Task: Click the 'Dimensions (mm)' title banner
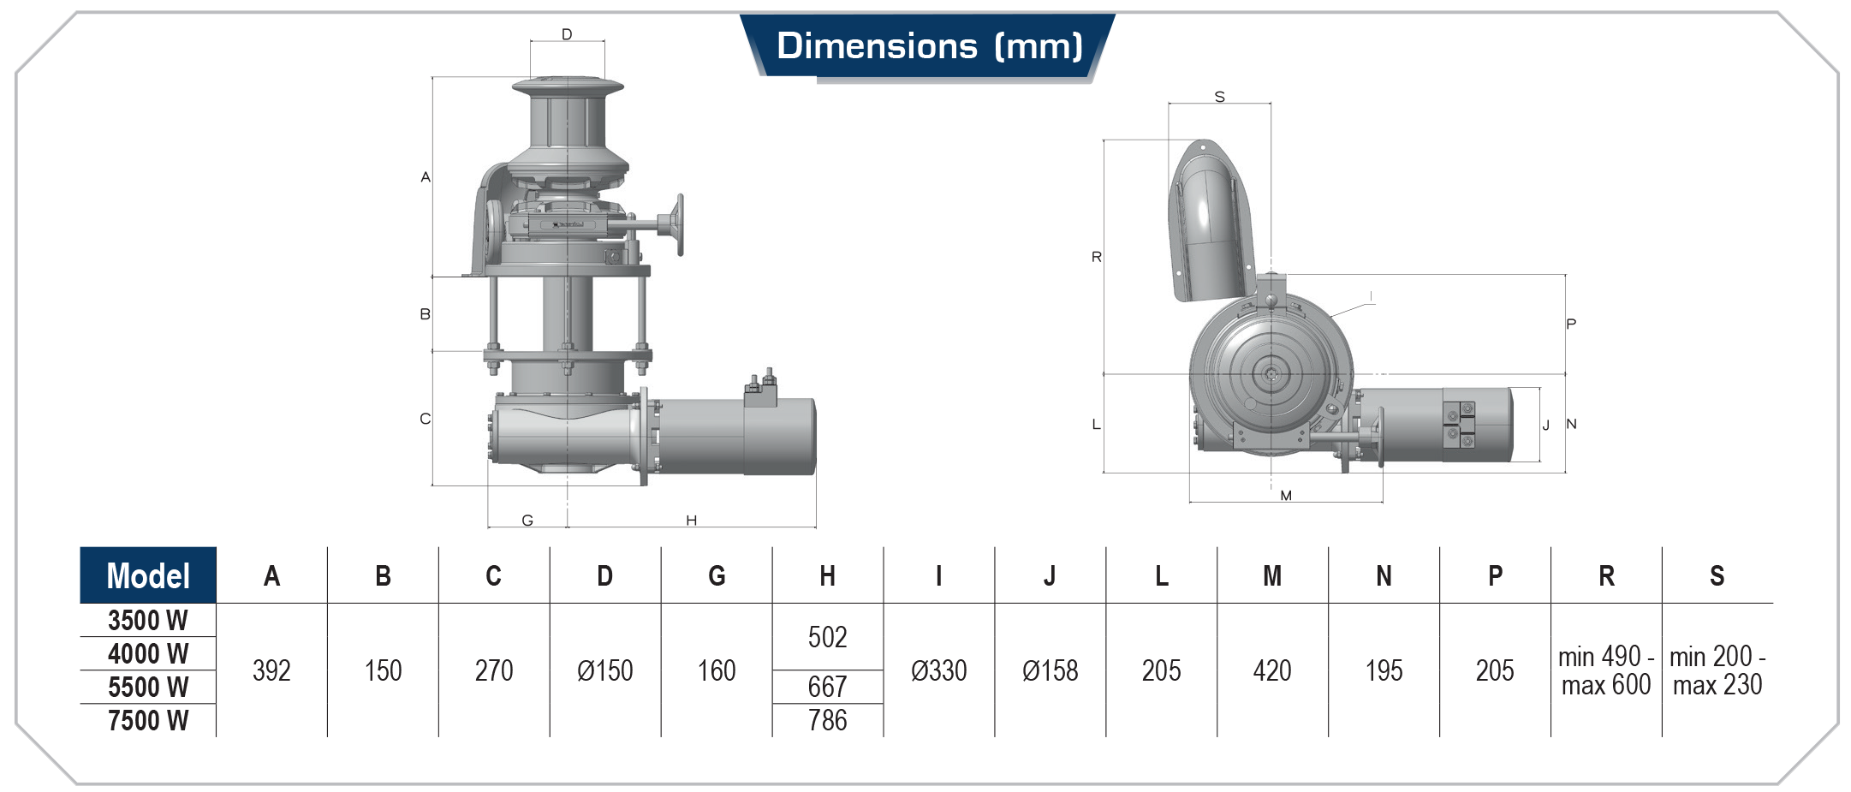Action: click(x=928, y=46)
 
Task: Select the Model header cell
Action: click(x=148, y=575)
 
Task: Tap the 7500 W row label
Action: click(x=148, y=720)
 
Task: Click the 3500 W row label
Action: click(x=148, y=620)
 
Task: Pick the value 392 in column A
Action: click(x=271, y=670)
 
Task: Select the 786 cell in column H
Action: click(x=827, y=720)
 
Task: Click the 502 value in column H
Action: click(x=827, y=637)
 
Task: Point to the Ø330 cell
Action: click(x=938, y=670)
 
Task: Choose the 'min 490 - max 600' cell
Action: click(x=1605, y=670)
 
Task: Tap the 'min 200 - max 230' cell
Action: click(x=1717, y=670)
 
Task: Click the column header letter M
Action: click(x=1272, y=575)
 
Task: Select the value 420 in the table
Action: click(x=1272, y=670)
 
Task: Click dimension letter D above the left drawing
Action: click(x=567, y=34)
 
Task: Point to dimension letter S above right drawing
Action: click(x=1219, y=97)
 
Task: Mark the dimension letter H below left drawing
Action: click(x=691, y=520)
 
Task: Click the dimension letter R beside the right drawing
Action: click(x=1096, y=257)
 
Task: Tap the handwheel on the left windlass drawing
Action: click(x=679, y=225)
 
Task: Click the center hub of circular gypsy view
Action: click(x=1271, y=374)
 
